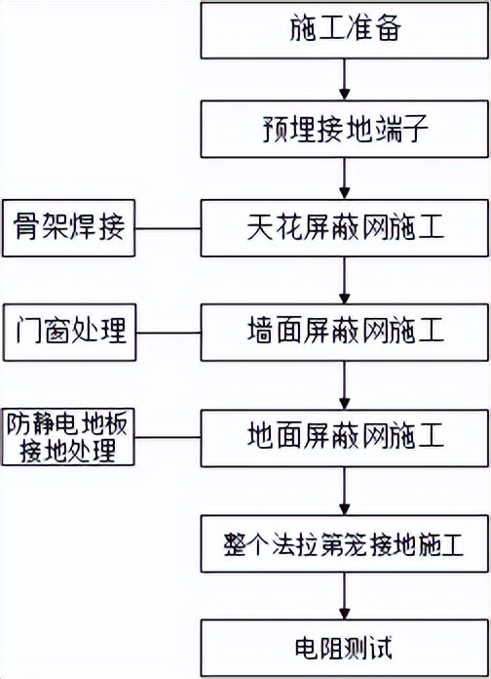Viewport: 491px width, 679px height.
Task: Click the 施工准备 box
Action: pyautogui.click(x=343, y=29)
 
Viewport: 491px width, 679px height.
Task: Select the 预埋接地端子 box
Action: pyautogui.click(x=343, y=129)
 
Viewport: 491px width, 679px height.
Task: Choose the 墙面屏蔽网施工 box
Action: pyautogui.click(x=343, y=332)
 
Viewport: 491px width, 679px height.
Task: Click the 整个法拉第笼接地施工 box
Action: pyautogui.click(x=343, y=542)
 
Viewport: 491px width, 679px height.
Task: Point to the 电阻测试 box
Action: pyautogui.click(x=343, y=647)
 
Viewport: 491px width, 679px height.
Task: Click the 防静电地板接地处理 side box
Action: pyautogui.click(x=67, y=437)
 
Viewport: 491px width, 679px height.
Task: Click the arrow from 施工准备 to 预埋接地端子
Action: pyautogui.click(x=343, y=79)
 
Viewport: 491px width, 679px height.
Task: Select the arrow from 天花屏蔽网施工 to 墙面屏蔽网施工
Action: pyautogui.click(x=343, y=281)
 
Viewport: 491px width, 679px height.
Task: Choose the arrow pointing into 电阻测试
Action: pyautogui.click(x=343, y=595)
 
